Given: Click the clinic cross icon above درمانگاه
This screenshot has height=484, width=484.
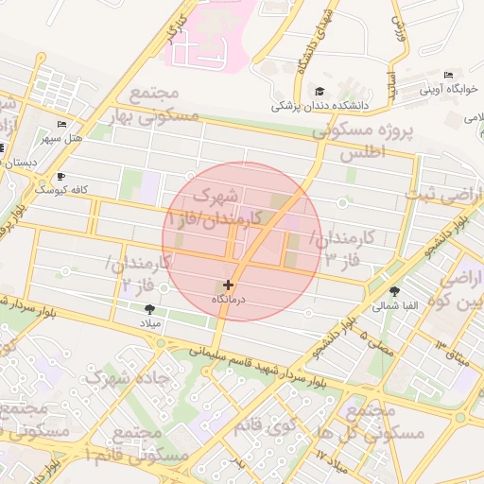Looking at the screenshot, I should pos(227,284).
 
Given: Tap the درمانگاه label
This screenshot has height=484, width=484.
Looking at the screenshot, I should pos(227,299).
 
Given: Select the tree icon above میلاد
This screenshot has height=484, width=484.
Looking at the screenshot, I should pos(149,309).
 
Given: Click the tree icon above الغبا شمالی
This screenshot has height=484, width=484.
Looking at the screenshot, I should pos(393,291).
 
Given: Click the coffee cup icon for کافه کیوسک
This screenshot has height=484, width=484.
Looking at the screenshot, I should pos(61,176).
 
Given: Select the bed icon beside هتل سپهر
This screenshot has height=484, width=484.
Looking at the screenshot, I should pos(61,125).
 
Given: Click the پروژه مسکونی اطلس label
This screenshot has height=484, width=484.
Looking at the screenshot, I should pos(371,141).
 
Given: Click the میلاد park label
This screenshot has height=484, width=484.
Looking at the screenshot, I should pos(151,323).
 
